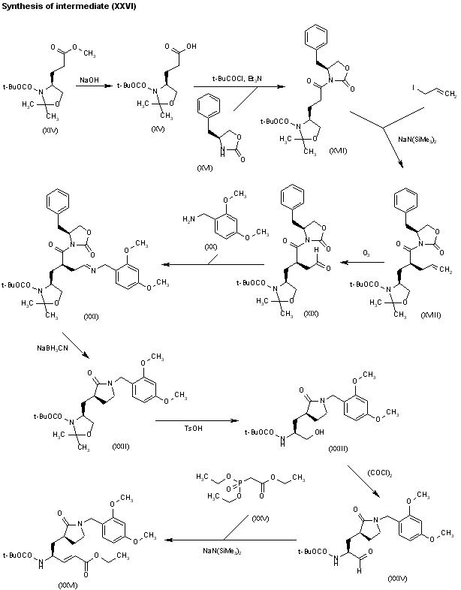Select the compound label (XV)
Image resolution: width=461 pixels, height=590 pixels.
[158, 131]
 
